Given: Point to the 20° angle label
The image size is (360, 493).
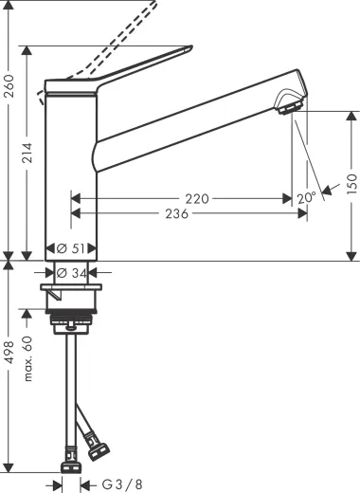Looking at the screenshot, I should coord(305,199).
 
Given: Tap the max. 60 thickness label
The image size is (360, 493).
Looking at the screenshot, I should coord(29,356).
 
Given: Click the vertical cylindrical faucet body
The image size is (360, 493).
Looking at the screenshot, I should coord(71,171).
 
